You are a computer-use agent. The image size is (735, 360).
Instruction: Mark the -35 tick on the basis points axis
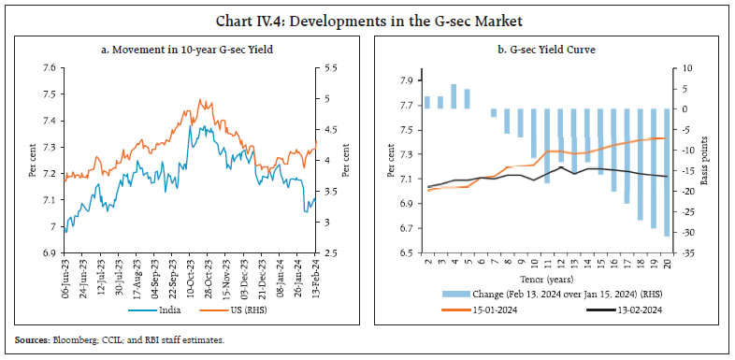click(687, 253)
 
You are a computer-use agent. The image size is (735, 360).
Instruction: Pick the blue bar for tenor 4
click(454, 96)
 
